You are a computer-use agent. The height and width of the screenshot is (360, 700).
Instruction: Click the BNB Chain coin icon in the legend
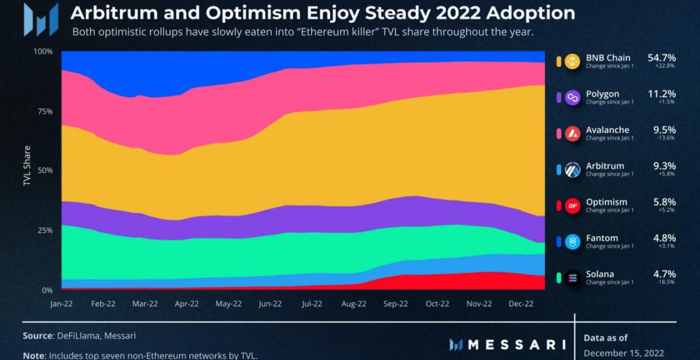[x=572, y=62]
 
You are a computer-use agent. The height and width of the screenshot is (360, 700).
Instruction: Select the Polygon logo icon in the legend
[x=572, y=98]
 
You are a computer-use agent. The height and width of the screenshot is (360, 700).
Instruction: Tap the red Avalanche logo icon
[x=572, y=134]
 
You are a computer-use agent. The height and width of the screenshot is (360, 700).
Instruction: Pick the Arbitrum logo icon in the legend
[x=572, y=170]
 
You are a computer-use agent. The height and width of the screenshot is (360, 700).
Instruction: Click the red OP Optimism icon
[x=572, y=206]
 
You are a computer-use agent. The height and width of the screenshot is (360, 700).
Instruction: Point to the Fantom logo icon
[x=572, y=242]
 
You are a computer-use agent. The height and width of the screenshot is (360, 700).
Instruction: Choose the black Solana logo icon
[x=572, y=278]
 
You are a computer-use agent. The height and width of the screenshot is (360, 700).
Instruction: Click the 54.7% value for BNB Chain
[x=662, y=58]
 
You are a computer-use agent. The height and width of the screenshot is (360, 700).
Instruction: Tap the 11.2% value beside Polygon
[x=662, y=94]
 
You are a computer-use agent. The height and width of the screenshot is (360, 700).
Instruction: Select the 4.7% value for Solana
[x=664, y=274]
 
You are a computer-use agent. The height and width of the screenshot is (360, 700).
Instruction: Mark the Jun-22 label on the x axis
[x=270, y=304]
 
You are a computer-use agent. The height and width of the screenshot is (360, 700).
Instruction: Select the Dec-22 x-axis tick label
[x=521, y=304]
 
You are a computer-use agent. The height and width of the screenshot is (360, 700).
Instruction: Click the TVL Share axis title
[x=27, y=166]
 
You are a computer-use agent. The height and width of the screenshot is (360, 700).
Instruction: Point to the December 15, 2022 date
[x=623, y=353]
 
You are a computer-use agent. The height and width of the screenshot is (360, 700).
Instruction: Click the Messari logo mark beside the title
[x=41, y=19]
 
